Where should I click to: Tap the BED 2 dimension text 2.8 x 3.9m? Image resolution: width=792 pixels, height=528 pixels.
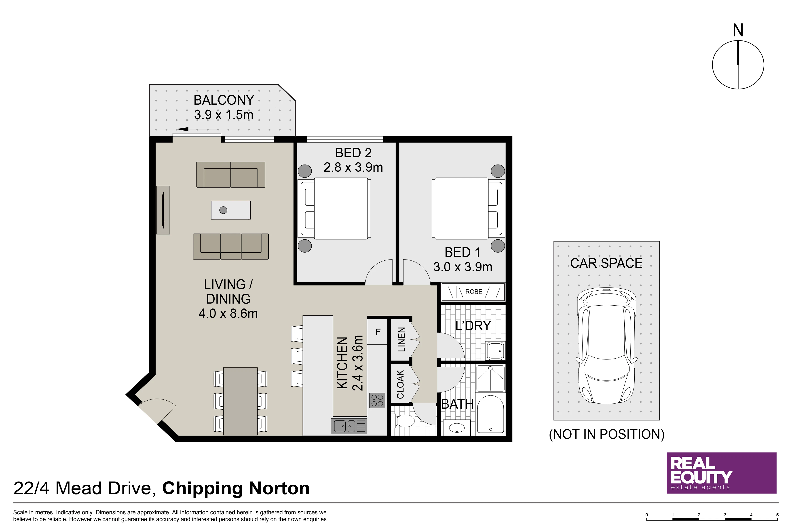353,167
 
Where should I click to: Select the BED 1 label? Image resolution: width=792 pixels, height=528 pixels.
462,252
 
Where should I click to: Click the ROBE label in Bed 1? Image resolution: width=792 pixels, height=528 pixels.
474,292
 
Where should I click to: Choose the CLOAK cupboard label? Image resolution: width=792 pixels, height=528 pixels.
400,384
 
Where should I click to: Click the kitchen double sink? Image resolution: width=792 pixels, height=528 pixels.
349,426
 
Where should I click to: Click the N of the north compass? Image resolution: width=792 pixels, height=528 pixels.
738,30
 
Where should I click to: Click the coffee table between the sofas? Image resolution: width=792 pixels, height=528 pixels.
231,210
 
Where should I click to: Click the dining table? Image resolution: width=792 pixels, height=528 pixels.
241,401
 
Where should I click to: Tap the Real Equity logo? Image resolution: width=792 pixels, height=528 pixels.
721,473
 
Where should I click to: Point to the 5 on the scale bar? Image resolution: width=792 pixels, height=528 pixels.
777,515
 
